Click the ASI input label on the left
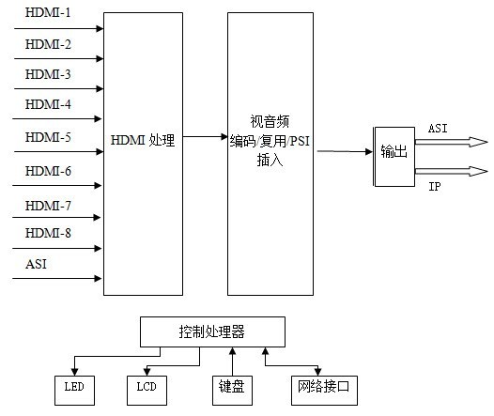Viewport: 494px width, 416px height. [x=36, y=264]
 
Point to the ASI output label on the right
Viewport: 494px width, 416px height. [x=439, y=127]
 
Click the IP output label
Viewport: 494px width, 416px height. [x=435, y=186]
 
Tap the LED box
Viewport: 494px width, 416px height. [x=74, y=387]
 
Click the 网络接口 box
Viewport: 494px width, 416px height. [x=322, y=387]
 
